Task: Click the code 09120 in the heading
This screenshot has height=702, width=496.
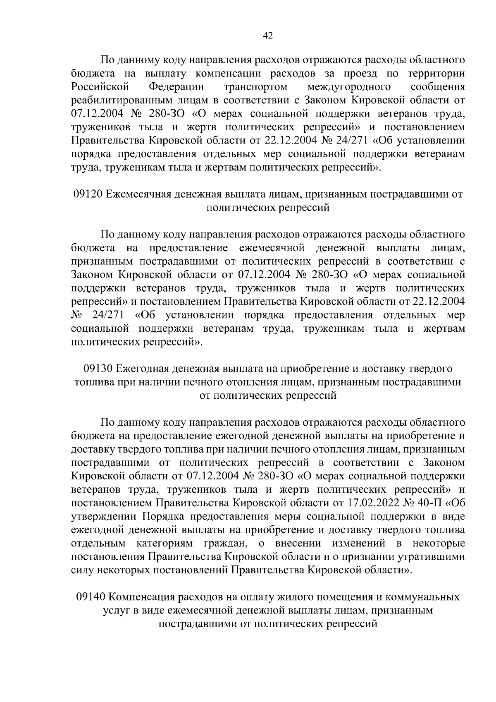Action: pos(88,194)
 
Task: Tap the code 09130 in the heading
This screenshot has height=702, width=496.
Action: pos(98,368)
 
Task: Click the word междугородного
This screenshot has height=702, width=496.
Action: pos(350,87)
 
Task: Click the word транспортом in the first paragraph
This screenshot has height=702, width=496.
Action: pos(255,87)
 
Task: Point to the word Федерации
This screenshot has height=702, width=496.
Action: pos(176,87)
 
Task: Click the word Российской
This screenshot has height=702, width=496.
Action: pos(101,87)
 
